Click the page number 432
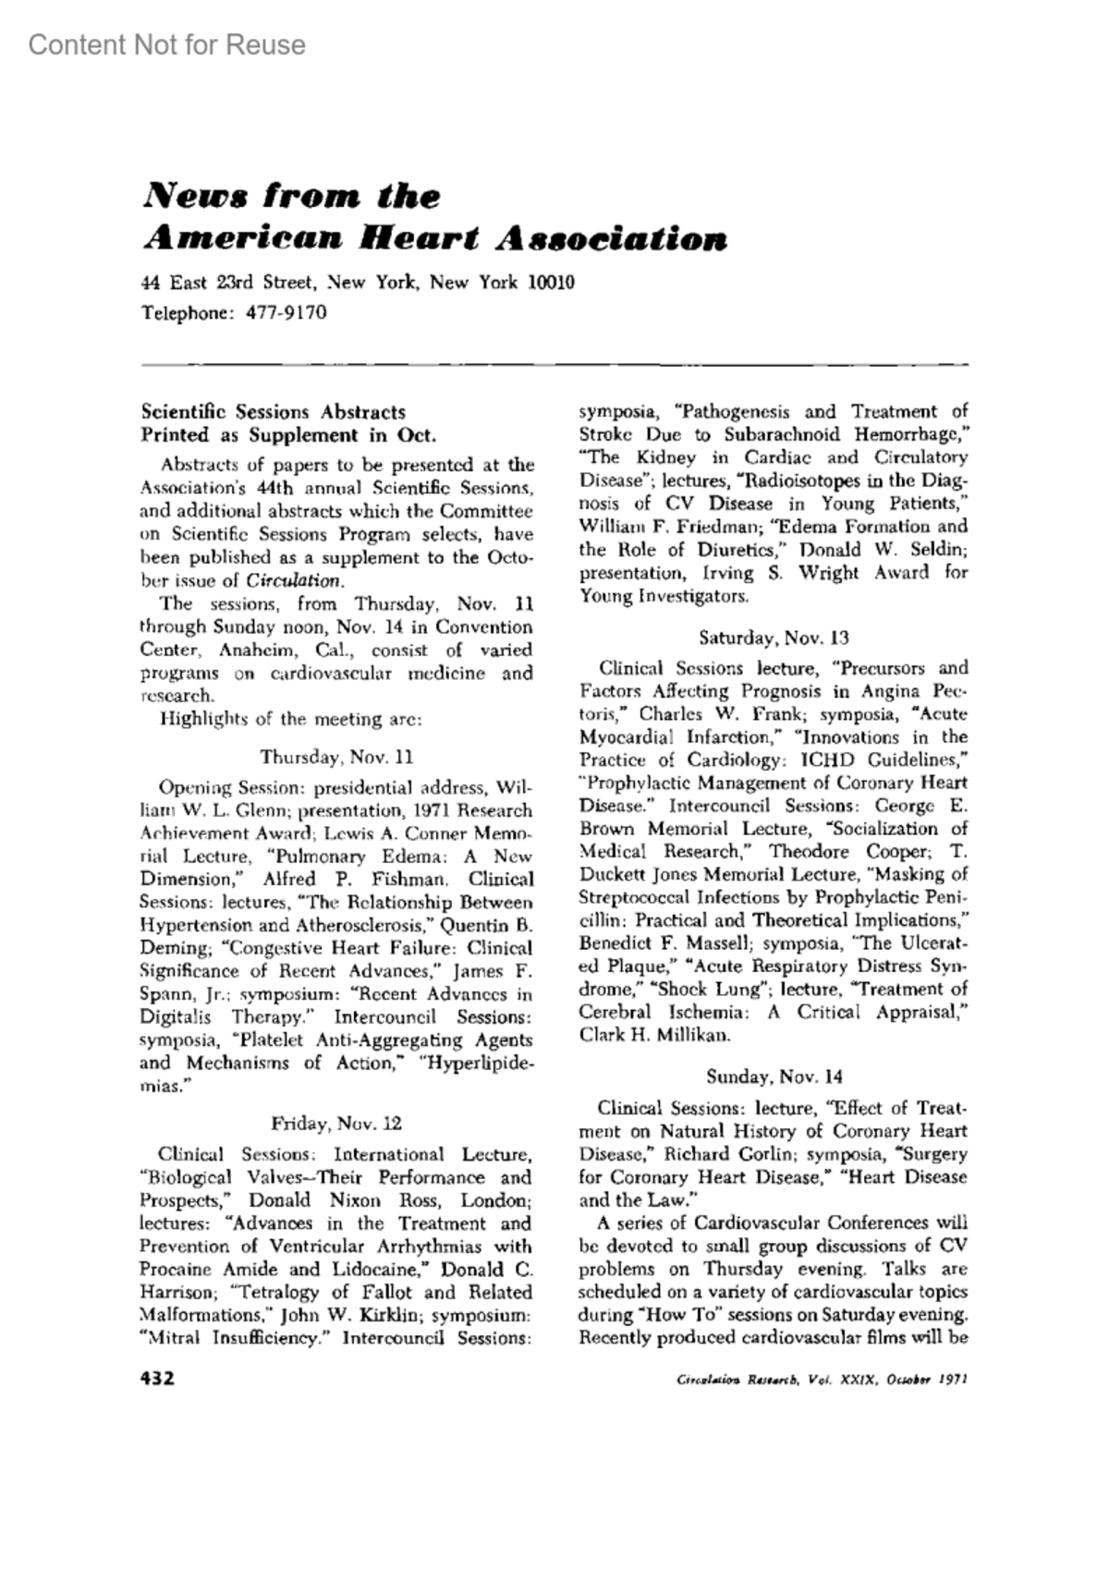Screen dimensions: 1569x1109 [157, 1379]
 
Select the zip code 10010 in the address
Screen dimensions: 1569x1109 [551, 282]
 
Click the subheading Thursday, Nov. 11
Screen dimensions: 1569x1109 [336, 757]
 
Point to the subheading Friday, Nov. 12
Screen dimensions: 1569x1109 [336, 1124]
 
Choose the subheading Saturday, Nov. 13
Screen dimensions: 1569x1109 [774, 638]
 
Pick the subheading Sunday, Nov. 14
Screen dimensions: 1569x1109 [774, 1076]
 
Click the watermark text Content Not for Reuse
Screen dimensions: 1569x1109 [167, 45]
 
